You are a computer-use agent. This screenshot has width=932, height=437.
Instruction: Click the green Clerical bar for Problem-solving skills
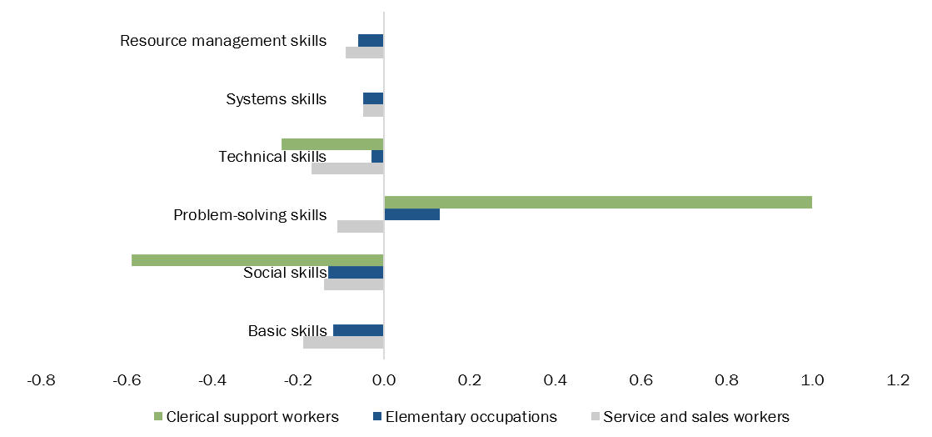pos(598,203)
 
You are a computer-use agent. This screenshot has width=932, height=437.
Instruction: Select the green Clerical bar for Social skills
pos(257,260)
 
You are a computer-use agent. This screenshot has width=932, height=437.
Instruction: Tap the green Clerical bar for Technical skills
pos(332,144)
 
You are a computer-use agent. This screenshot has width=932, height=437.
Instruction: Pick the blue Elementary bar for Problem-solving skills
pos(412,214)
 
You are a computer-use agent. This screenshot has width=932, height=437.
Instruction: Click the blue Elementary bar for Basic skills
pos(358,330)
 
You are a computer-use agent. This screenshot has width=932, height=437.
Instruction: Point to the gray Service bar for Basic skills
pos(343,342)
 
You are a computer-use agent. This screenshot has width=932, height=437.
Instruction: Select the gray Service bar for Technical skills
pos(347,168)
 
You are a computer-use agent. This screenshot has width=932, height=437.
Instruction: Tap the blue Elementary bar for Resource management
pos(371,40)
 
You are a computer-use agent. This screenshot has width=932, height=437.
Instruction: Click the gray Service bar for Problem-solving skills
pos(361,226)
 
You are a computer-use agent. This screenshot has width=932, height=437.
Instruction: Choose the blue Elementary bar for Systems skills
pos(373,98)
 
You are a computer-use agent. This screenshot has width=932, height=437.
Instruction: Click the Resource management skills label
pos(223,41)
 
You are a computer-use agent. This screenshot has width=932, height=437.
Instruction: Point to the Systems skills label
pos(277,99)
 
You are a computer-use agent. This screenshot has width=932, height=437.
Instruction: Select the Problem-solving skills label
pos(250,215)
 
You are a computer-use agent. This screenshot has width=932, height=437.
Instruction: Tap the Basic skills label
pos(287,331)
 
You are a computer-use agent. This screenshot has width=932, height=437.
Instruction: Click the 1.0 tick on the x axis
pos(812,380)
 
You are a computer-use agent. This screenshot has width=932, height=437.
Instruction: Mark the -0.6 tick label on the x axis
pos(127,380)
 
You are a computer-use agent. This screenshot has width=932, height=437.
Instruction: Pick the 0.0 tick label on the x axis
pos(384,380)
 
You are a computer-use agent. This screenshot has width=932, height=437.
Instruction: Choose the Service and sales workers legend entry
pos(695,416)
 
